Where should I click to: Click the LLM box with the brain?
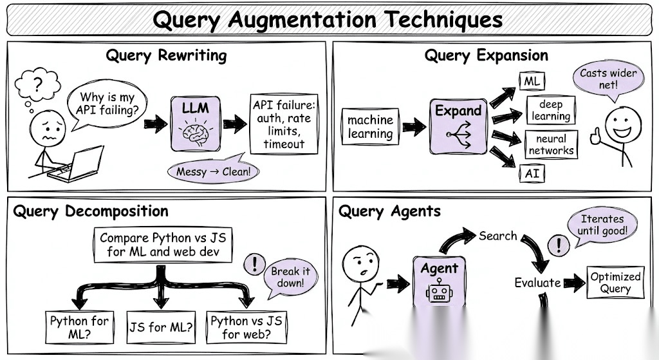pos(196,125)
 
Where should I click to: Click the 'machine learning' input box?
pos(370,126)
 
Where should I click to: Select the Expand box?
pos(458,125)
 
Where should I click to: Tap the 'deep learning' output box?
pos(551,110)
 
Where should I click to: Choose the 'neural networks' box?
pos(551,144)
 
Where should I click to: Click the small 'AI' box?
pos(532,174)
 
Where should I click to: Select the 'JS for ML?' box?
pos(160,327)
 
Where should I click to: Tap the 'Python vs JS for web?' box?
pos(246,327)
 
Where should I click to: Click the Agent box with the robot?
pos(440,280)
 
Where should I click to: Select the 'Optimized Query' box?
pos(615,282)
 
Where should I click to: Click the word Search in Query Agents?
pos(497,236)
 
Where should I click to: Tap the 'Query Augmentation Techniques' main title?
pos(328,20)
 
